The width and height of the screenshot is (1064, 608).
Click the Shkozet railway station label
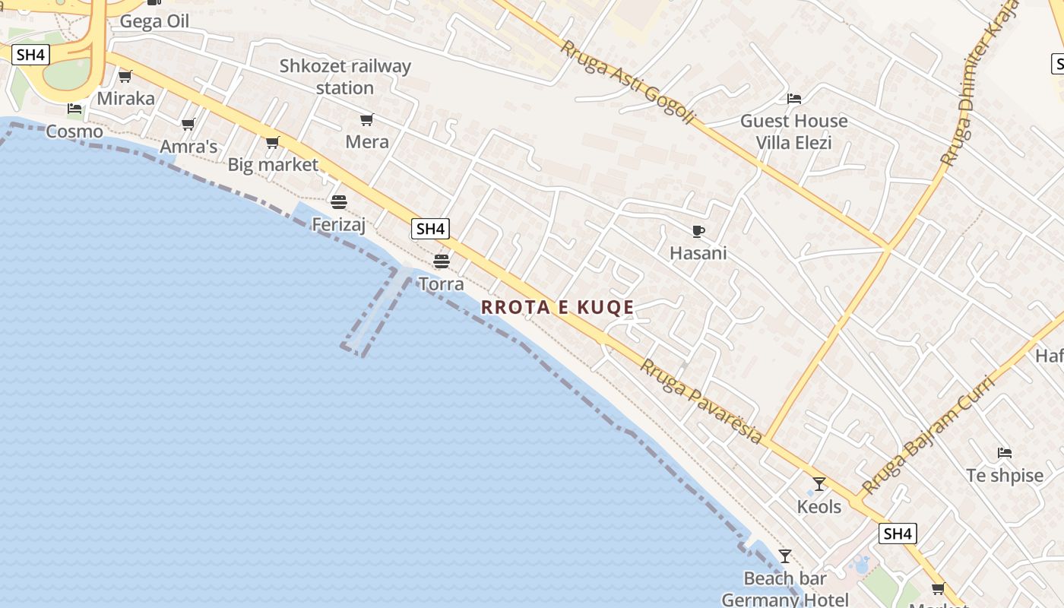pyautogui.click(x=345, y=77)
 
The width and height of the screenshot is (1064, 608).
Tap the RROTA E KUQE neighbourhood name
pyautogui.click(x=558, y=307)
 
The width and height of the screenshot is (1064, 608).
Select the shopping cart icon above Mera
pyautogui.click(x=367, y=119)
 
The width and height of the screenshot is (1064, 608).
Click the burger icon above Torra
pyautogui.click(x=442, y=261)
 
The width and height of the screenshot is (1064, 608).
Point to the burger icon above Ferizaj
pyautogui.click(x=339, y=202)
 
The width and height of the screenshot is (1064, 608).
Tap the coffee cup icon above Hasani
pyautogui.click(x=698, y=231)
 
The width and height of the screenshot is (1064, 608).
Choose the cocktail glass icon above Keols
pyautogui.click(x=819, y=484)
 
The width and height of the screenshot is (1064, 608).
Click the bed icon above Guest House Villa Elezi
pyautogui.click(x=794, y=99)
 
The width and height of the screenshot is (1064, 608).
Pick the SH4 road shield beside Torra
pyautogui.click(x=430, y=228)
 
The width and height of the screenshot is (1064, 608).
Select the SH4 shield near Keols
pyautogui.click(x=898, y=534)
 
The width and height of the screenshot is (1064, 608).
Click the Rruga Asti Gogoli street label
pyautogui.click(x=628, y=82)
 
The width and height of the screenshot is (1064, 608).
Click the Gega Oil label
pyautogui.click(x=154, y=21)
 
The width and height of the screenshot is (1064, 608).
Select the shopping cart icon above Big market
pyautogui.click(x=273, y=142)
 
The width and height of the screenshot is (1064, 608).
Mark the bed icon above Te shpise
pyautogui.click(x=1005, y=453)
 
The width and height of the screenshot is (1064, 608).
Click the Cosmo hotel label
pyautogui.click(x=74, y=131)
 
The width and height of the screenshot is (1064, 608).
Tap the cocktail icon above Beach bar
pyautogui.click(x=785, y=556)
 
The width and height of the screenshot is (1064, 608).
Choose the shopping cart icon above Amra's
pyautogui.click(x=188, y=124)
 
